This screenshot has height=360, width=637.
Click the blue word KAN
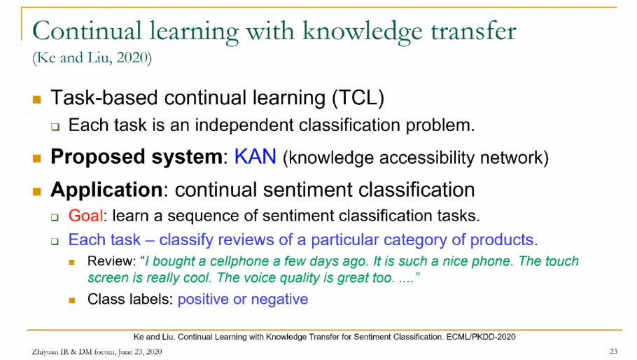pyautogui.click(x=255, y=157)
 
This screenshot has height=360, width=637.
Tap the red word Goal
pyautogui.click(x=85, y=215)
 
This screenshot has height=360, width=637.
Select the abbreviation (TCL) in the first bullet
pyautogui.click(x=358, y=98)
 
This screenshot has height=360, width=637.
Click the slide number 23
pyautogui.click(x=613, y=351)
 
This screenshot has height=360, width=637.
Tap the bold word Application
pyautogui.click(x=107, y=191)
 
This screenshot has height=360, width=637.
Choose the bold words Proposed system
pyautogui.click(x=136, y=158)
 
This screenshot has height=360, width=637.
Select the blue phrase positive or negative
pyautogui.click(x=243, y=300)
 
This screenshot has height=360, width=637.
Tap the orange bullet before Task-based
pyautogui.click(x=37, y=99)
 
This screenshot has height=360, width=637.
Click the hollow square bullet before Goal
pyautogui.click(x=55, y=217)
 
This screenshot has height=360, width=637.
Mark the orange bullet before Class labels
pyautogui.click(x=72, y=300)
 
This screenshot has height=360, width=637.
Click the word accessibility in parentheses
pyautogui.click(x=426, y=158)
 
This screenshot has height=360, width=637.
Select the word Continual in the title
pyautogui.click(x=87, y=31)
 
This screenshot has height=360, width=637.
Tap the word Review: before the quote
pyautogui.click(x=111, y=261)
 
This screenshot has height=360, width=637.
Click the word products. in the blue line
pyautogui.click(x=504, y=240)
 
